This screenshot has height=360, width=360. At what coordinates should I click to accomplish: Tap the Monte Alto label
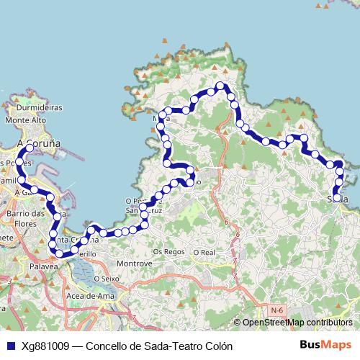(x=30, y=120)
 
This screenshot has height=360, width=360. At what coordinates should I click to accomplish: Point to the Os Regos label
(x=169, y=252)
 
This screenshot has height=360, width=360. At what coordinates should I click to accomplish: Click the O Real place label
(x=204, y=253)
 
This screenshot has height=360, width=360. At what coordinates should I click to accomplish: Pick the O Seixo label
(x=105, y=279)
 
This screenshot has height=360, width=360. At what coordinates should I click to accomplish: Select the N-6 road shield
(x=276, y=310)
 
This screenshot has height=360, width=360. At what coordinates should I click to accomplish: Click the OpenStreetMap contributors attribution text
(x=297, y=323)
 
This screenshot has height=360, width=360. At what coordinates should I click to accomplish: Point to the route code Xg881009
(x=45, y=346)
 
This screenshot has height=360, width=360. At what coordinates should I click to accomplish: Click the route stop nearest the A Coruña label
(x=30, y=147)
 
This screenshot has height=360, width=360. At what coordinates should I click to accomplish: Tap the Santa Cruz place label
(x=139, y=210)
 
